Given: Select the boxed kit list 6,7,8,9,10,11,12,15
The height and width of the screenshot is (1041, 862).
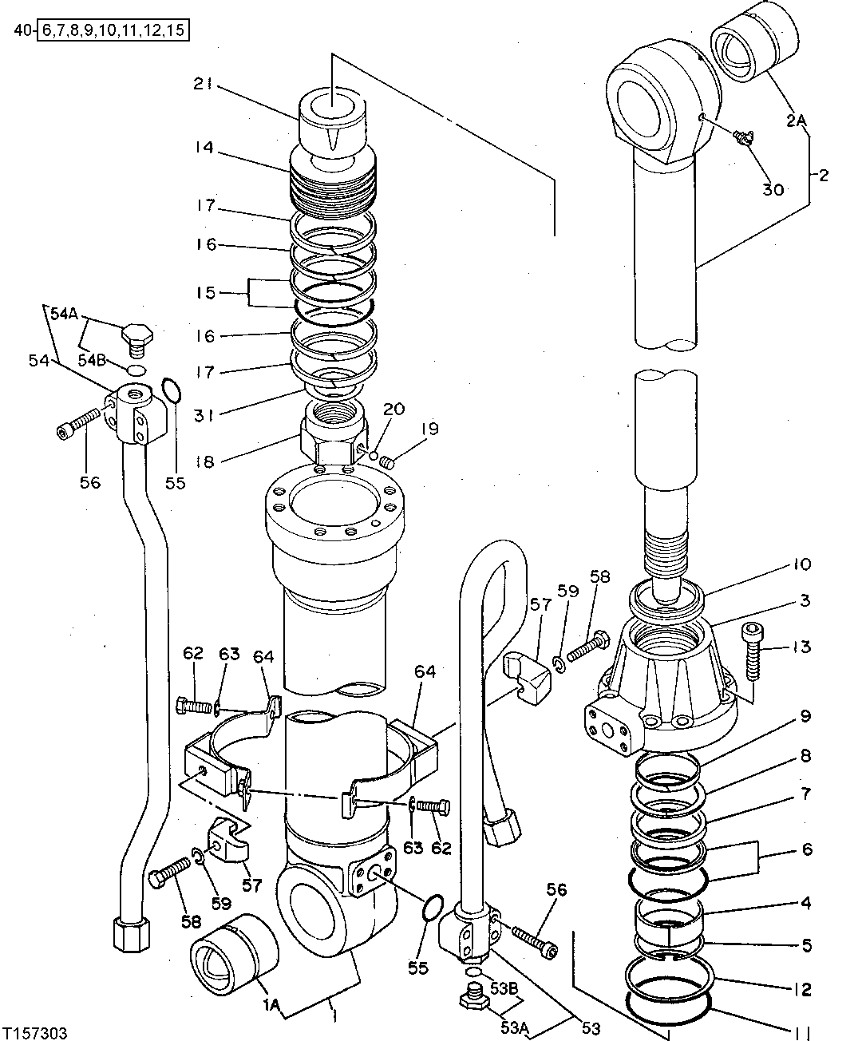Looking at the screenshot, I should (114, 32).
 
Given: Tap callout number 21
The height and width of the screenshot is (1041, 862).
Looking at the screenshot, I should (203, 83).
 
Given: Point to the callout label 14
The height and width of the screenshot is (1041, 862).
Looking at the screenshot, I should (206, 148).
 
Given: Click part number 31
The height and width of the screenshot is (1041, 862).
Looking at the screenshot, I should (206, 415).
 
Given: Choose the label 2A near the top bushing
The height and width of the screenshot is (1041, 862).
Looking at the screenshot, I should (796, 120).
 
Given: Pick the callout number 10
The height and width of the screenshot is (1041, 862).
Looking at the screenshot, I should (801, 564).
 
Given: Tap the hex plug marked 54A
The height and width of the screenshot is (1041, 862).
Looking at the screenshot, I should (136, 334).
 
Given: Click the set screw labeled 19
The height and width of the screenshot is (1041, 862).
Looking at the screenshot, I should (386, 461).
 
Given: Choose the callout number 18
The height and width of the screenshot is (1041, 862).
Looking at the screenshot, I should (206, 461).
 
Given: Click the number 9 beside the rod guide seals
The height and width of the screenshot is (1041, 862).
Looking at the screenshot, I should (805, 716).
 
